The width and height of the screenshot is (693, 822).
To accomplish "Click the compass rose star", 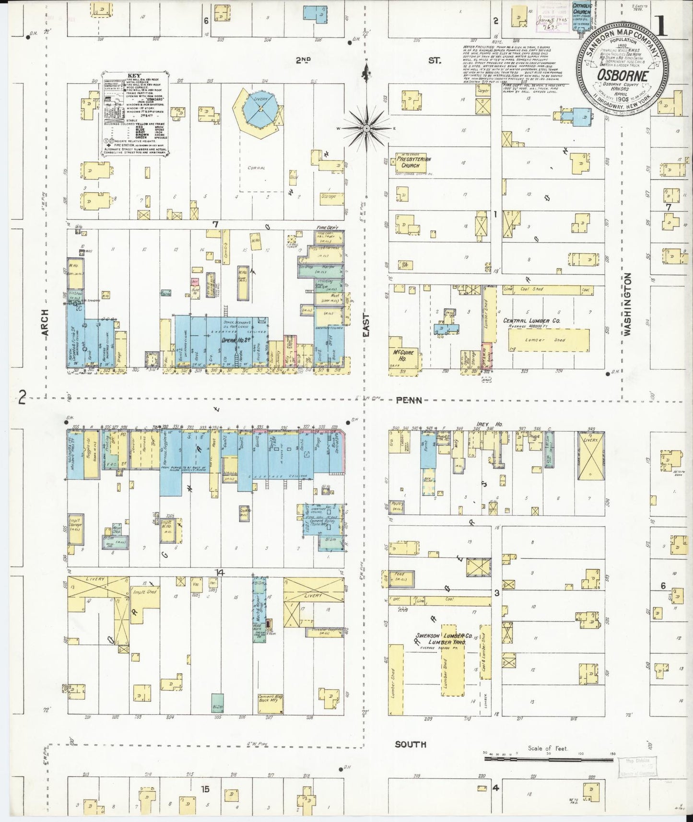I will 366,129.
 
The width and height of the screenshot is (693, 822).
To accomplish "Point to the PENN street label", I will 409,400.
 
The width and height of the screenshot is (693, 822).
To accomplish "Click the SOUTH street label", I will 411,758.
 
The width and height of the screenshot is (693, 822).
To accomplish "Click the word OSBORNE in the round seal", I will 623,75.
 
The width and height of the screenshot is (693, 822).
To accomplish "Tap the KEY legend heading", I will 134,76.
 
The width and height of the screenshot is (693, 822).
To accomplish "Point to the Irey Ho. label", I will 486,424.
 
